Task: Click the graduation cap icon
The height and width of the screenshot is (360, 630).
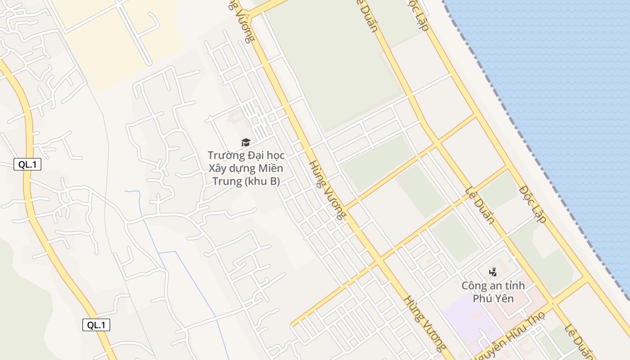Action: point(246,143)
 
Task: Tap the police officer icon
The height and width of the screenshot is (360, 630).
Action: point(493,271)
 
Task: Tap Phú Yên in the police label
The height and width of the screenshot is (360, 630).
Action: point(493,298)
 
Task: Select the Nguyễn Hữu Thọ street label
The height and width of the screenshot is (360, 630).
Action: point(508,336)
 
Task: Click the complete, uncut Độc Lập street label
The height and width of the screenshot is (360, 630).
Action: point(533,204)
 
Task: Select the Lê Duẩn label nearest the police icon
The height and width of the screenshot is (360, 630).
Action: point(480,205)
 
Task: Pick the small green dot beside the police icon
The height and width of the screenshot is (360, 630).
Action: point(509,261)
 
